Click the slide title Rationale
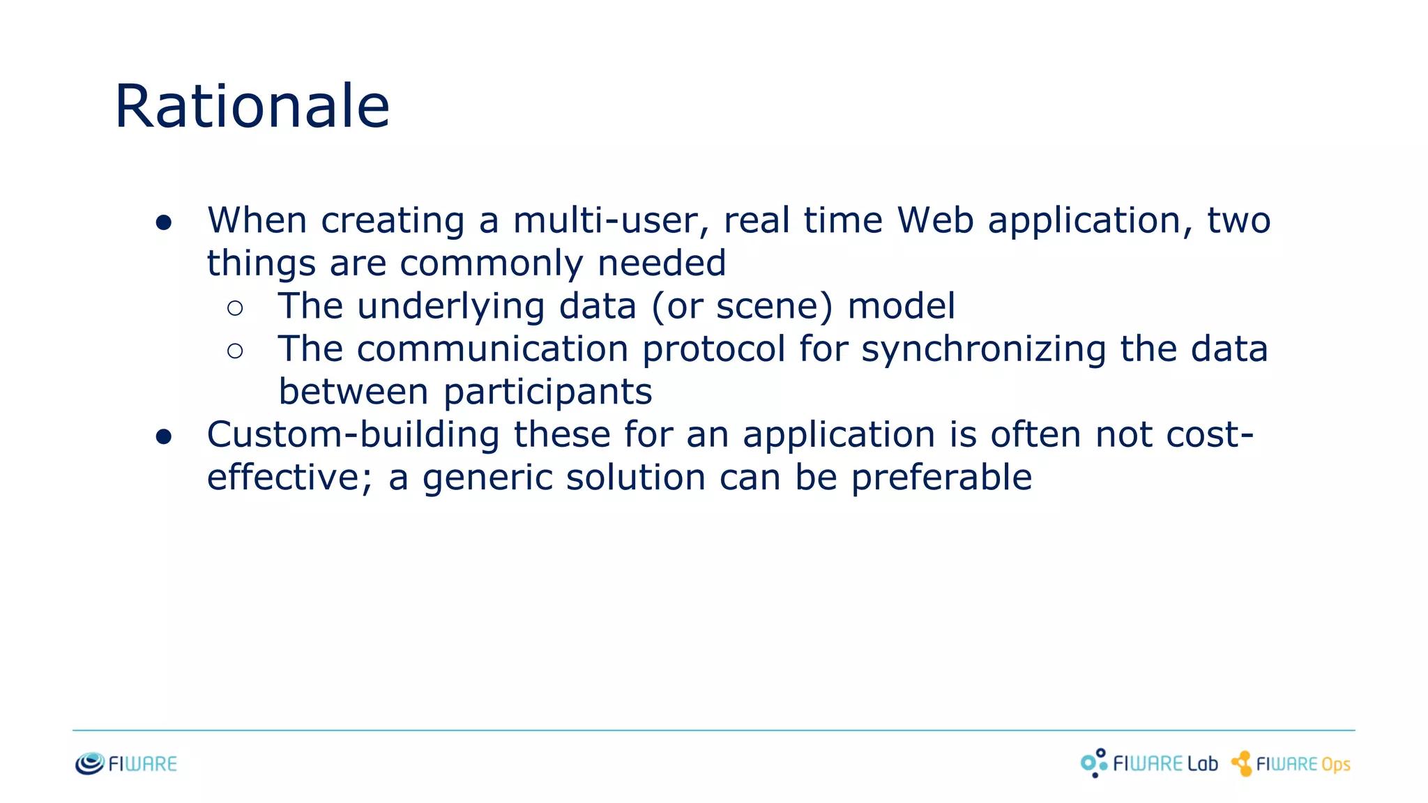pyautogui.click(x=252, y=106)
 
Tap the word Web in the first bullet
pyautogui.click(x=935, y=220)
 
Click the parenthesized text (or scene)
pyautogui.click(x=742, y=307)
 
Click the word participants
pyautogui.click(x=548, y=392)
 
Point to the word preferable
pyautogui.click(x=941, y=478)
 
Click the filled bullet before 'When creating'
pyautogui.click(x=164, y=223)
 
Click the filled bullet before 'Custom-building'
pyautogui.click(x=164, y=437)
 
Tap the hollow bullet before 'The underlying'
pyautogui.click(x=235, y=308)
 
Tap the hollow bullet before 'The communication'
pyautogui.click(x=235, y=351)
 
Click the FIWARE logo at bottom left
pyautogui.click(x=126, y=764)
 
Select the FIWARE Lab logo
pyautogui.click(x=1149, y=764)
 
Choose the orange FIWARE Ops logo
pyautogui.click(x=1291, y=764)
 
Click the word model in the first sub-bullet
pyautogui.click(x=901, y=307)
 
